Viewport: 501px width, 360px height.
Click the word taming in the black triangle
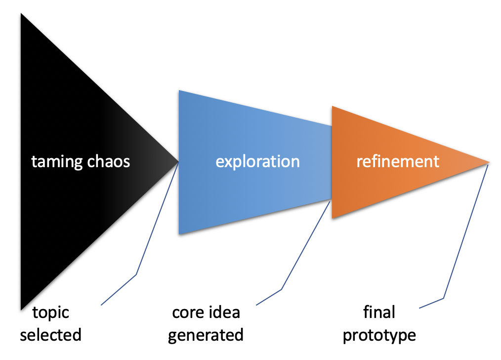tap(57, 162)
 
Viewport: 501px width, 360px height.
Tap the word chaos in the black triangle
tap(109, 162)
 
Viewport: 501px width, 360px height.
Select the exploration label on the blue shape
tap(257, 162)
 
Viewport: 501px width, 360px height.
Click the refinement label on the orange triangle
tap(398, 161)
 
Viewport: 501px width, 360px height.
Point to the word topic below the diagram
tap(51, 313)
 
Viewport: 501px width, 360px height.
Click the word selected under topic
tap(50, 335)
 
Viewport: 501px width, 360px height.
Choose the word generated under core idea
tap(206, 336)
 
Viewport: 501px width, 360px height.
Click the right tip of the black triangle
tap(178, 162)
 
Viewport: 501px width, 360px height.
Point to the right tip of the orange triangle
tap(489, 162)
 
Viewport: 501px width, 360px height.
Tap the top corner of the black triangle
tap(21, 13)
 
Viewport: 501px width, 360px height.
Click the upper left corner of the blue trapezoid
tap(179, 90)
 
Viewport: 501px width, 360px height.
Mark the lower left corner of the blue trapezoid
tap(179, 234)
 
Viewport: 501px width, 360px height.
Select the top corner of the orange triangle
tap(333, 106)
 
